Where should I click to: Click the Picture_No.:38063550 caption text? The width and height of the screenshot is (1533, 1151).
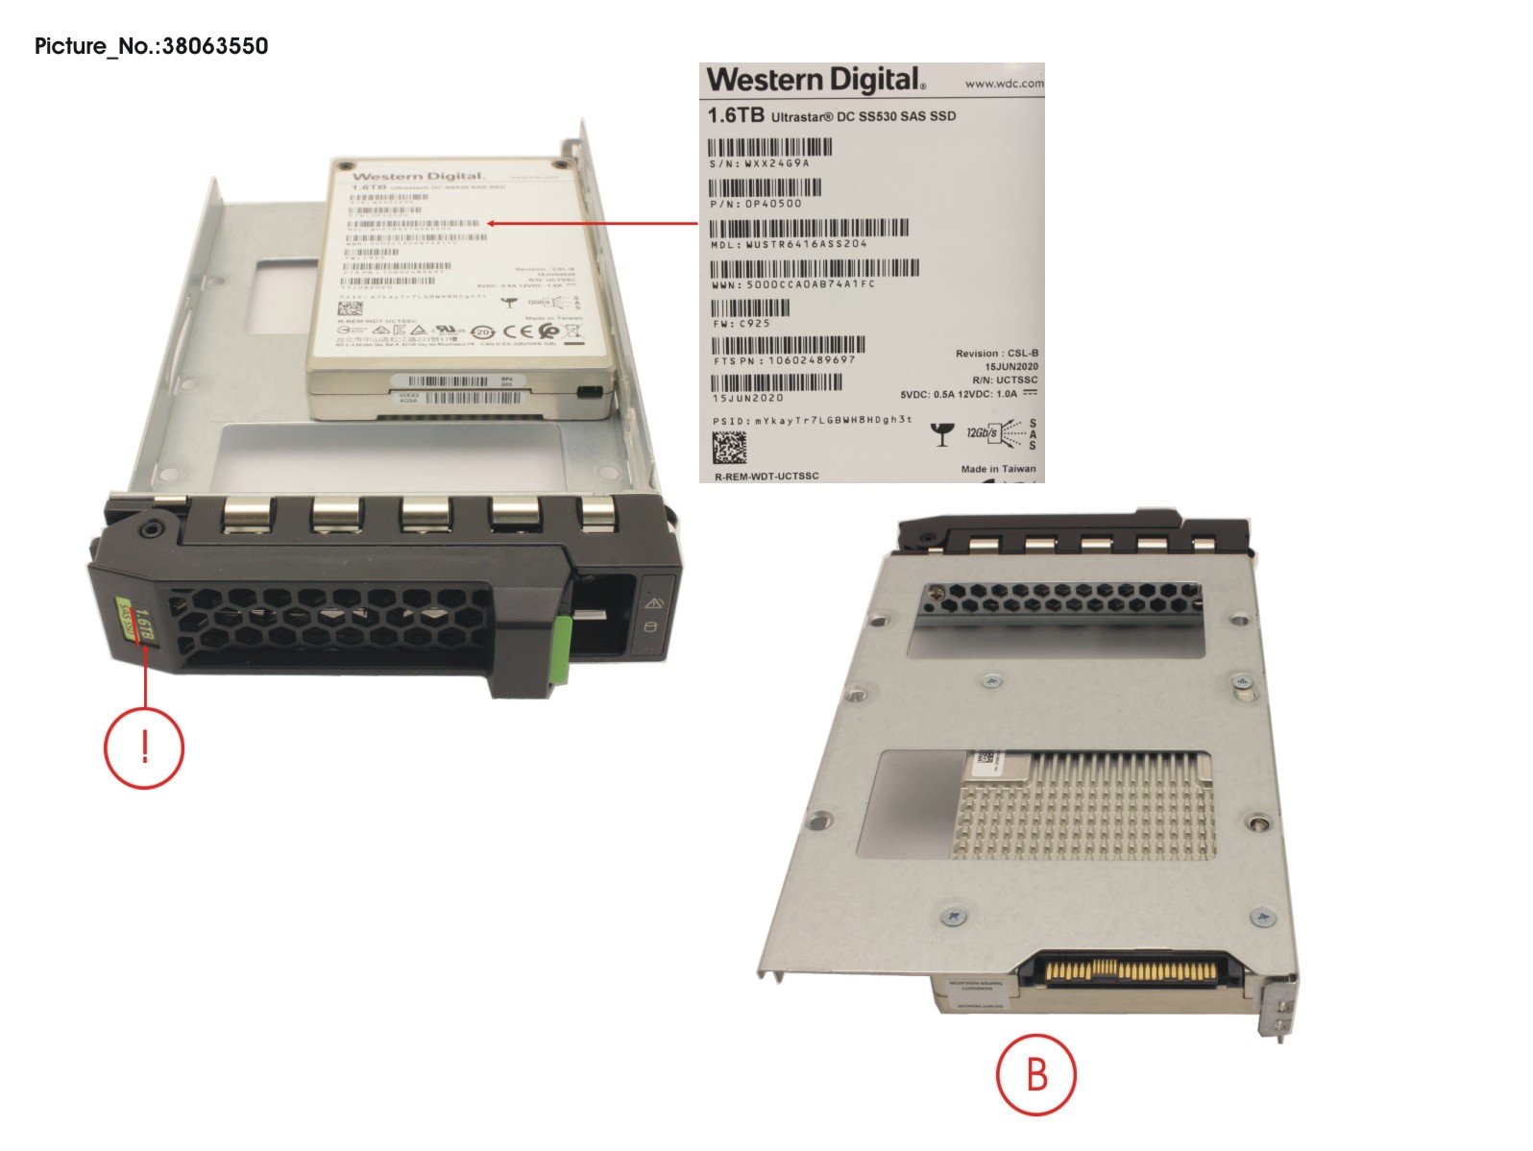click(x=152, y=46)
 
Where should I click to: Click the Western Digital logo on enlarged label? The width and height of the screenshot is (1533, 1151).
click(x=816, y=80)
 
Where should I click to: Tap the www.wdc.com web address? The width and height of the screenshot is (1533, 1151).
click(x=1004, y=84)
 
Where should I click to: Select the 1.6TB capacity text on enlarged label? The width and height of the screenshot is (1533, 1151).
click(x=736, y=115)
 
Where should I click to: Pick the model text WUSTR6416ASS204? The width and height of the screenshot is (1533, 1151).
click(x=806, y=244)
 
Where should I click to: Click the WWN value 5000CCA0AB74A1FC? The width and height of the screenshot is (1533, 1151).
click(x=811, y=284)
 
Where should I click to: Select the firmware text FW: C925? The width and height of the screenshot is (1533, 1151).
click(x=742, y=324)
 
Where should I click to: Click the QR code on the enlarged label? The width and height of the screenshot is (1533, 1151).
click(x=729, y=448)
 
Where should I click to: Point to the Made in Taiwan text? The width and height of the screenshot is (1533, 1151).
click(x=998, y=469)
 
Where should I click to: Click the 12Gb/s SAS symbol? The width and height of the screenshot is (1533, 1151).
click(x=1000, y=433)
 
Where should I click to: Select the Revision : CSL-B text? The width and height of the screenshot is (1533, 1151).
click(x=996, y=354)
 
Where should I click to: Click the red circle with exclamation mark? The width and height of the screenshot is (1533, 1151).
click(x=144, y=747)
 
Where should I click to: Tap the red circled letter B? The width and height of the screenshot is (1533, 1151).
click(x=1035, y=1074)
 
